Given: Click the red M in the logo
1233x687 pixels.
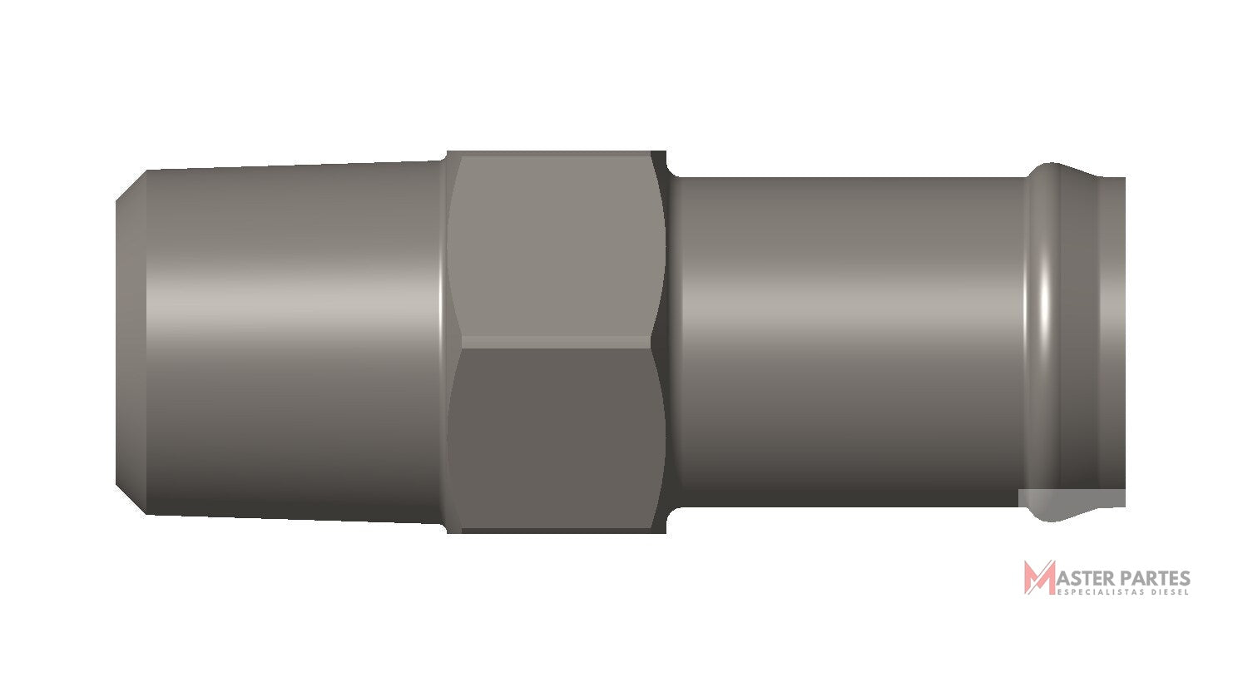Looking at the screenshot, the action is (1039, 577).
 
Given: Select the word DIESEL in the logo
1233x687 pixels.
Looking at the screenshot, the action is (1170, 592).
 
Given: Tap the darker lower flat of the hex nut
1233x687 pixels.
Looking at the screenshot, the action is (556, 437).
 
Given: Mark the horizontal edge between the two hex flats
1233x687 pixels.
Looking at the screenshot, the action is (556, 342).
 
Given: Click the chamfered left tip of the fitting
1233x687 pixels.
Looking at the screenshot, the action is (131, 342).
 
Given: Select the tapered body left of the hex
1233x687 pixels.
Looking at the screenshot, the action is (295, 342).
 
